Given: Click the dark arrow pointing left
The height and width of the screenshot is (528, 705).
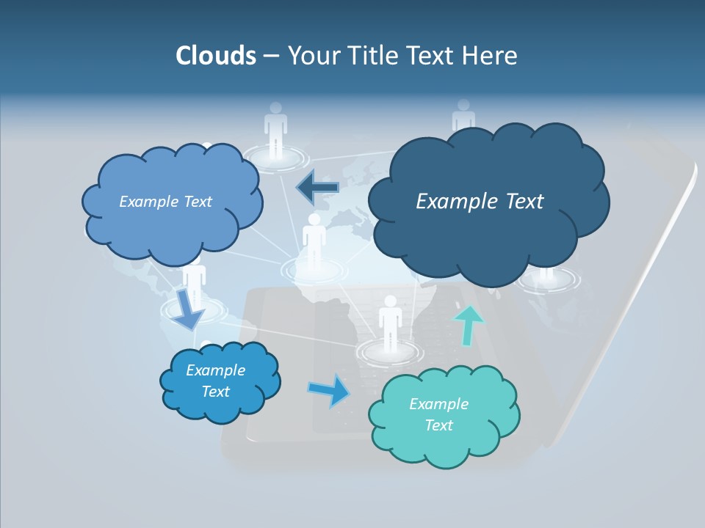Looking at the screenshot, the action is point(317,188).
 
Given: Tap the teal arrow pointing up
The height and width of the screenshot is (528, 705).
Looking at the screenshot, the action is point(468,324).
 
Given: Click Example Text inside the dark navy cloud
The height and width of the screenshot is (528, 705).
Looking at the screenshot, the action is point(480,202).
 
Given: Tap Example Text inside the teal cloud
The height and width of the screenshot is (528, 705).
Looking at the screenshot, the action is point(438,414).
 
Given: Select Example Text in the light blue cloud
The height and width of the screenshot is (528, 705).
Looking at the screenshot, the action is point(165,202).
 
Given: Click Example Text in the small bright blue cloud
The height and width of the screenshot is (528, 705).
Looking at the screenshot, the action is point(215,381).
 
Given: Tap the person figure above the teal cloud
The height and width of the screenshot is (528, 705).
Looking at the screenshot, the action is point(389,323).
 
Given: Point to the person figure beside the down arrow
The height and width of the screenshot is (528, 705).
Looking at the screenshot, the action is point(195,282).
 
